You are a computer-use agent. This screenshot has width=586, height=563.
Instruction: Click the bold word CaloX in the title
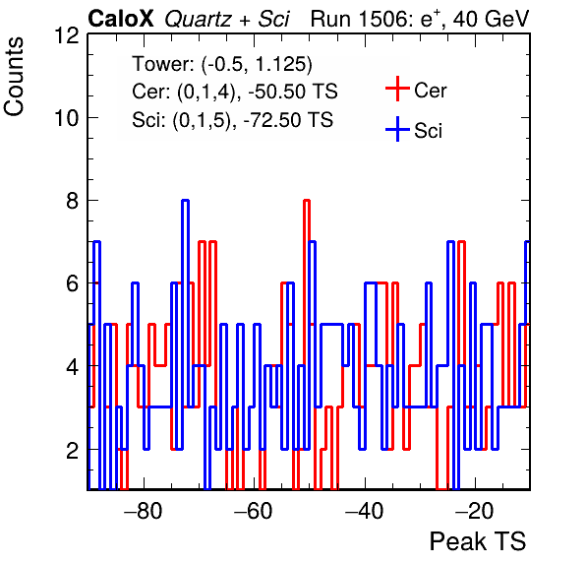[x=121, y=19]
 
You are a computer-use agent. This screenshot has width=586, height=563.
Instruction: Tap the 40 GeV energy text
[x=492, y=19]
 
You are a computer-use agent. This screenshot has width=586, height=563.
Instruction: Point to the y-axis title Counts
[x=14, y=77]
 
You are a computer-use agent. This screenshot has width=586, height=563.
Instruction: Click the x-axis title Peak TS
[x=478, y=541]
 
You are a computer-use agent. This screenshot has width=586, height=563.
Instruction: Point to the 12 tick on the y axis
[x=67, y=35]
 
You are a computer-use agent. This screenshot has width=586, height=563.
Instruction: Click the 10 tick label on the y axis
[x=67, y=118]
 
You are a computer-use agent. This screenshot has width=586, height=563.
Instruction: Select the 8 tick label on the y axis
[x=73, y=201]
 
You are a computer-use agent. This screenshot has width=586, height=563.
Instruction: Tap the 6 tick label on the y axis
[x=73, y=283]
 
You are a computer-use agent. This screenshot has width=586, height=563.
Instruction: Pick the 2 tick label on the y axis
[x=73, y=451]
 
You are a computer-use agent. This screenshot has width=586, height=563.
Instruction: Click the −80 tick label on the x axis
[x=144, y=511]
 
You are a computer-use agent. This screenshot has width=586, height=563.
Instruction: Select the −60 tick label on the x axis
[x=254, y=511]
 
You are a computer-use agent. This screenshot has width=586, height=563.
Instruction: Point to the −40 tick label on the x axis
[x=364, y=511]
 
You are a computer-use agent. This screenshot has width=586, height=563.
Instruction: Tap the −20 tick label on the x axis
[x=475, y=511]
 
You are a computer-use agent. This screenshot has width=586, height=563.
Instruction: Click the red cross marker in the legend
[x=397, y=89]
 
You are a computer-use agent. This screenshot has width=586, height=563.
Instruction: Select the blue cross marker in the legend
[x=397, y=130]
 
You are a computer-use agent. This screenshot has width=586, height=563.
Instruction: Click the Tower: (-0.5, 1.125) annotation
[x=222, y=64]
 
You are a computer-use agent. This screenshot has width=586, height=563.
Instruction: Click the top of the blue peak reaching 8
[x=185, y=201]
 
